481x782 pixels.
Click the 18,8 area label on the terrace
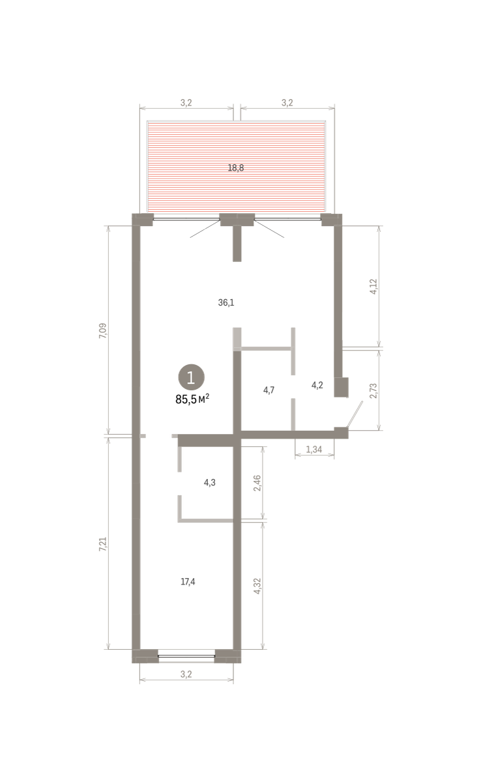point(236,168)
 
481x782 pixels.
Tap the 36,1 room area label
point(226,302)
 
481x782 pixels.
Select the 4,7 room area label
point(269,390)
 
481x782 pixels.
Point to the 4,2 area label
point(317,385)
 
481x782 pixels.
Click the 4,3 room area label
point(210,482)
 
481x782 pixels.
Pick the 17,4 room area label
point(188,581)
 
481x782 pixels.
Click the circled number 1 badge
point(191,377)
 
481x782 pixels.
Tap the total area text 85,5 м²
point(192,399)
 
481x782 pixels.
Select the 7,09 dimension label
point(104,330)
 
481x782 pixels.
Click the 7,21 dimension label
point(104,544)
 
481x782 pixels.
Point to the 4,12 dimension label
point(373,287)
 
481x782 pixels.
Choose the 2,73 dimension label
point(373,390)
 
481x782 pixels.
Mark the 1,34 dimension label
point(313,449)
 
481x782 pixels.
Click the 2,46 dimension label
point(257,483)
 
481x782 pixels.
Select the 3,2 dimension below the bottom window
point(186,674)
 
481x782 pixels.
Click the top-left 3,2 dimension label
point(186,103)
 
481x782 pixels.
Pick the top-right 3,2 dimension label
point(287,103)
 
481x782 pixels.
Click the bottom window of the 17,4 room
point(186,656)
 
